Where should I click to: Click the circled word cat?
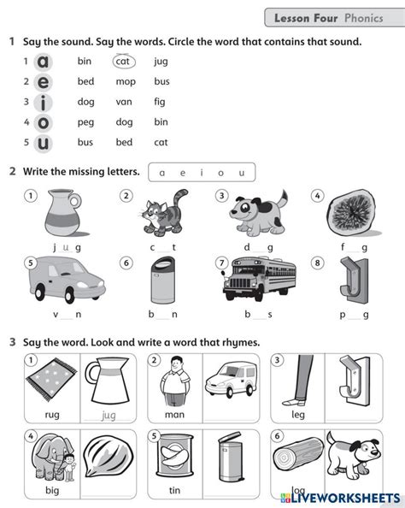click(x=122, y=62)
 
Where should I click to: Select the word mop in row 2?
click(x=126, y=81)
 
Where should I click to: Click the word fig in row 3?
click(x=161, y=102)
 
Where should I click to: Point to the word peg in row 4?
click(x=85, y=122)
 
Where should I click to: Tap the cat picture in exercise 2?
click(x=161, y=213)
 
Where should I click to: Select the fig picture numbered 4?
click(x=350, y=213)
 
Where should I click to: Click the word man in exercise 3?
click(x=174, y=415)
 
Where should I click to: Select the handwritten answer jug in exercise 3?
click(x=109, y=415)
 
